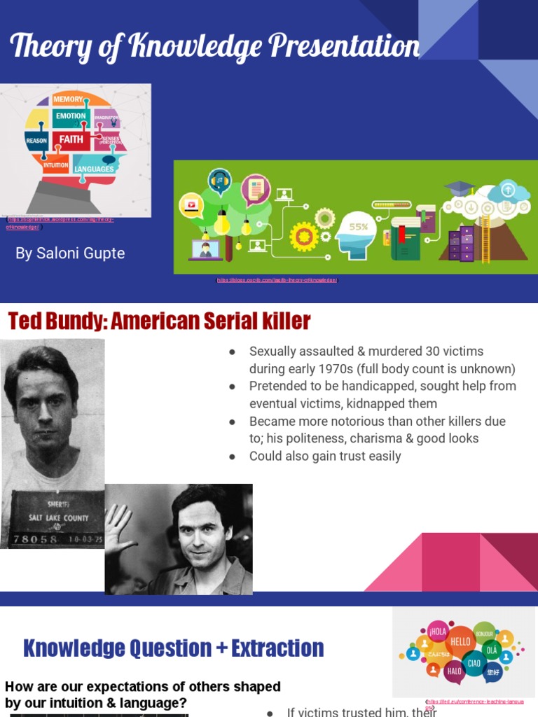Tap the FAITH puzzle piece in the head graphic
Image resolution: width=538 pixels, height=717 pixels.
click(x=71, y=139)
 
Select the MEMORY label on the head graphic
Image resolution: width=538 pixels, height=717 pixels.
click(x=68, y=99)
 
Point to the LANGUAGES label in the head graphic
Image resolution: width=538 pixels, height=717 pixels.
click(x=94, y=169)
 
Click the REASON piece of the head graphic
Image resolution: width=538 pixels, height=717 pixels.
click(x=36, y=141)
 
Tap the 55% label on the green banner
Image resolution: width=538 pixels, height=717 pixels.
click(x=358, y=227)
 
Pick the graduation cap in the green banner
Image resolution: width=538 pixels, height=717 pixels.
click(x=460, y=187)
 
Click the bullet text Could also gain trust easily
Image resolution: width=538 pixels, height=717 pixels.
click(x=325, y=457)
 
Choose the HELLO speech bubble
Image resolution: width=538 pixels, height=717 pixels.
click(x=460, y=641)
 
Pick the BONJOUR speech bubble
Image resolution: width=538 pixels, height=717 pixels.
click(x=484, y=633)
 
